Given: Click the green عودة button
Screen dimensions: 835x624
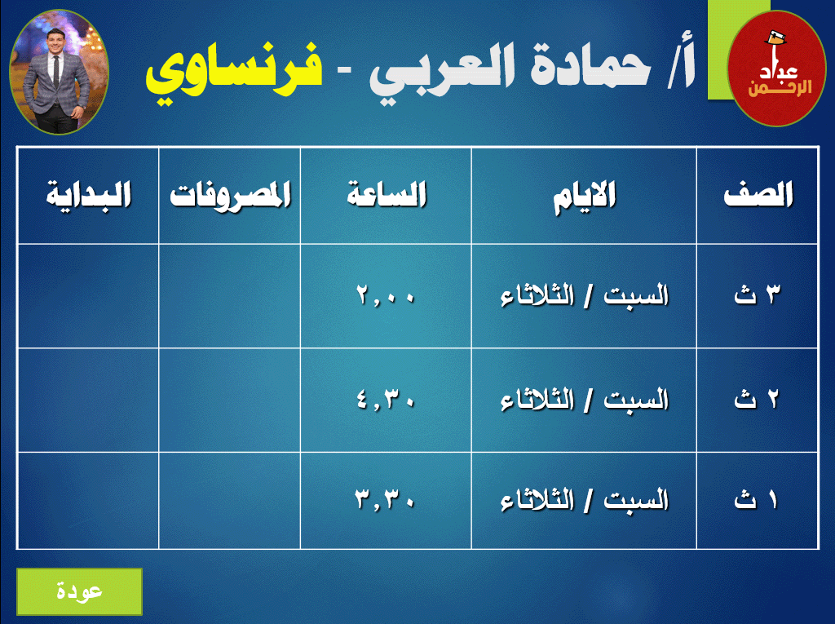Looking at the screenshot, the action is pyautogui.click(x=79, y=591).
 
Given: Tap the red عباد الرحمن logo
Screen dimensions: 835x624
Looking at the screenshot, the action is pyautogui.click(x=776, y=69).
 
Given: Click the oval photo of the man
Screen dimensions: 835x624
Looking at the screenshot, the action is pyautogui.click(x=59, y=72).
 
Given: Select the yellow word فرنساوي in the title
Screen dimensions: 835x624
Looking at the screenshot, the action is pyautogui.click(x=234, y=71).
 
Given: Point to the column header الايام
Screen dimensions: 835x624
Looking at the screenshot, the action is pyautogui.click(x=584, y=197).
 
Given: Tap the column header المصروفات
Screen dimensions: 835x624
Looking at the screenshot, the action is pyautogui.click(x=230, y=196).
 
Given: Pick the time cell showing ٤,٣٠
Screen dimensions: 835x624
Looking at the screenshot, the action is pyautogui.click(x=386, y=399).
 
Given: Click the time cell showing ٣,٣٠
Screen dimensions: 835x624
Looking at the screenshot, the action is pyautogui.click(x=386, y=499).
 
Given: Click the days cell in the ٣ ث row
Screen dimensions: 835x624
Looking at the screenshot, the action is pyautogui.click(x=584, y=296).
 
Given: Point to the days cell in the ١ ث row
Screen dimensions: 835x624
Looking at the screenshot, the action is pyautogui.click(x=584, y=500).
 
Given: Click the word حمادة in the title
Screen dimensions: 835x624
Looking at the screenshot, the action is pyautogui.click(x=591, y=67).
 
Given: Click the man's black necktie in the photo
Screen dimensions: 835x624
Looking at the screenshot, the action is pyautogui.click(x=56, y=72).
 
